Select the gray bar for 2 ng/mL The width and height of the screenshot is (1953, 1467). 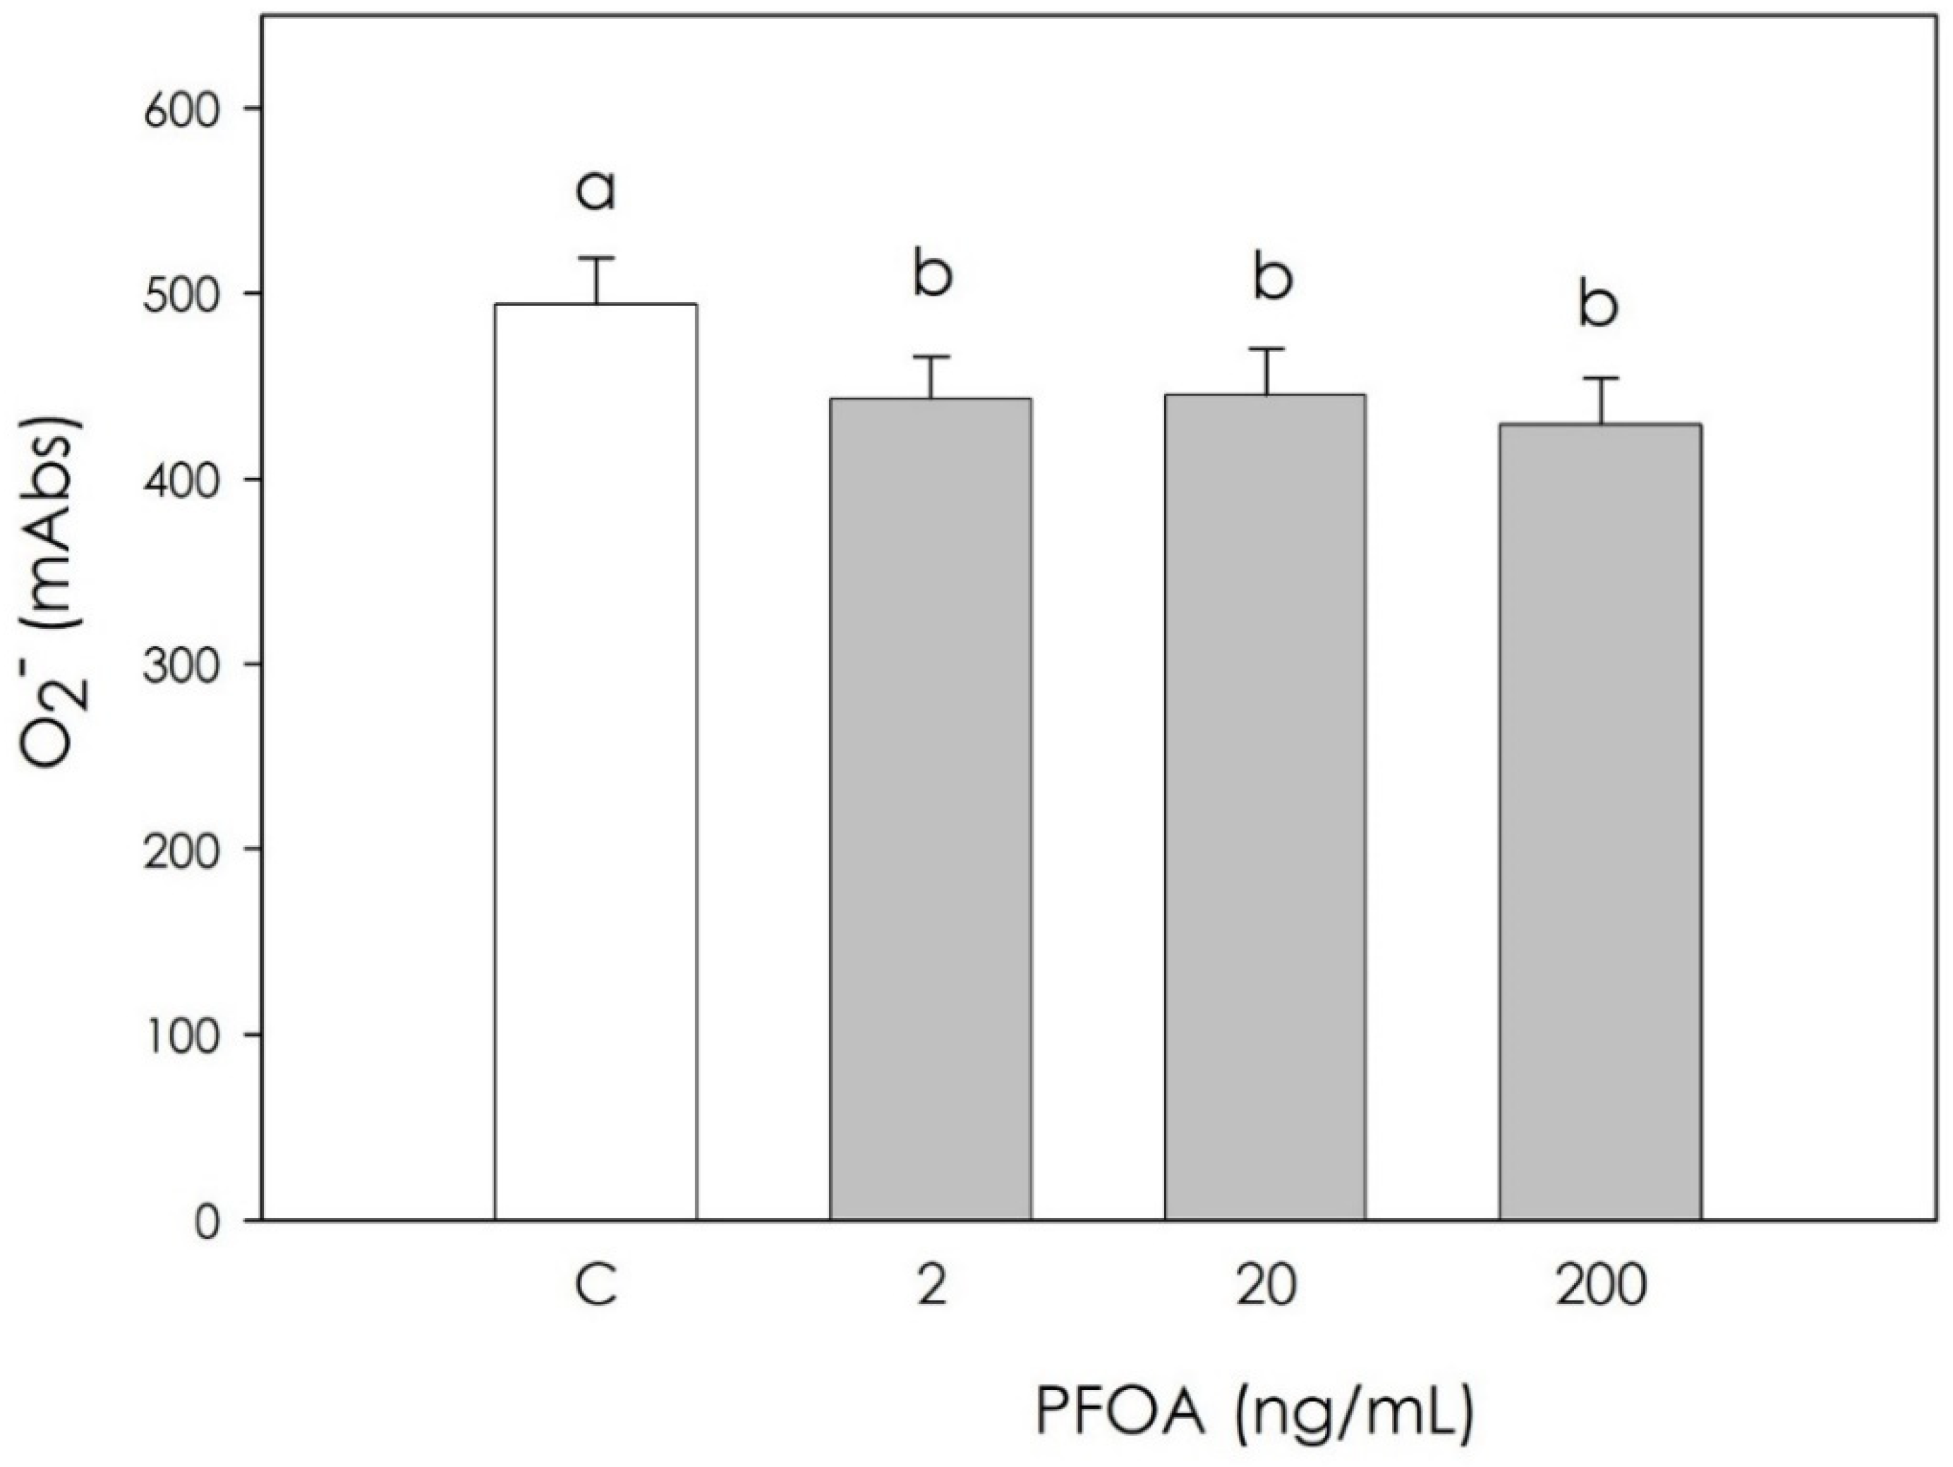(x=931, y=808)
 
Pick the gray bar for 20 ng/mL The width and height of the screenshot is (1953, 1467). (x=1265, y=807)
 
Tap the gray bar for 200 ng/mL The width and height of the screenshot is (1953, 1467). (x=1600, y=822)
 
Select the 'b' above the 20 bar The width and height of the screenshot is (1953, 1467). (x=1272, y=277)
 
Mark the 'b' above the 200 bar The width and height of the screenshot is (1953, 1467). (x=1598, y=305)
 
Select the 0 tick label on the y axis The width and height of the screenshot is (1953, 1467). (x=207, y=1222)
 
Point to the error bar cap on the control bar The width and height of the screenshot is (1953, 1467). (x=596, y=259)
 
